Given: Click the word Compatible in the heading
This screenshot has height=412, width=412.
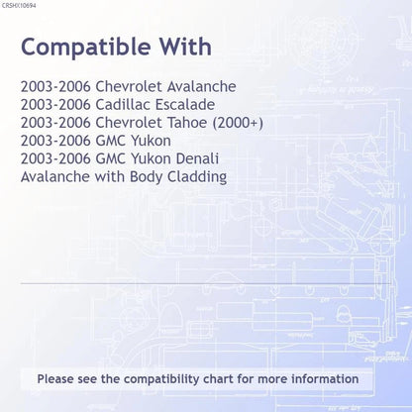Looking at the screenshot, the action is point(86,48).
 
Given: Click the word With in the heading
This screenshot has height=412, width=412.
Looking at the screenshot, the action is point(185,47).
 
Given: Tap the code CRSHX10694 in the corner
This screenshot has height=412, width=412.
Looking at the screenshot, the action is point(19,6).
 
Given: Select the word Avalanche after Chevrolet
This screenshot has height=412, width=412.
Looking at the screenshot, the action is point(201,87).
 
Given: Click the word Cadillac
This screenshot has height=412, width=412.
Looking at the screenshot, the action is point(123,105).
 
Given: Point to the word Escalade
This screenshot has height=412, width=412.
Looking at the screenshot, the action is point(185,105).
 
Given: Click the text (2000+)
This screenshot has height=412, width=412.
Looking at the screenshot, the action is point(238,123).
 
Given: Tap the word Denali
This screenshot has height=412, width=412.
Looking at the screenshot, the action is point(197,158).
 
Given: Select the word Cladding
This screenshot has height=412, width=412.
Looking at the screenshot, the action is point(197,177).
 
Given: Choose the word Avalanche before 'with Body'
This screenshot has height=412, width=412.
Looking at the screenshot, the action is point(55,176).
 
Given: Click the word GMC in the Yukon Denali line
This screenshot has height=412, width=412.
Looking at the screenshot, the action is point(110,158).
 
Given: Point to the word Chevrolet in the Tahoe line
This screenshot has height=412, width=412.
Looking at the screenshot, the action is point(129,123).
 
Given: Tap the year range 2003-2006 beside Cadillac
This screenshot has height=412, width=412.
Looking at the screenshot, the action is point(55,105).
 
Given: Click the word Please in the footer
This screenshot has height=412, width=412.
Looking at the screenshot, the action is point(55,379).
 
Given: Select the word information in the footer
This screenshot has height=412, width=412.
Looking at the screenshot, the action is point(325,378).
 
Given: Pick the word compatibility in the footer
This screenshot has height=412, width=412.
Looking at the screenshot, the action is point(161,379).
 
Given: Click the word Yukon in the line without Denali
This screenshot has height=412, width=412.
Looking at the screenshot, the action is point(151,141).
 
